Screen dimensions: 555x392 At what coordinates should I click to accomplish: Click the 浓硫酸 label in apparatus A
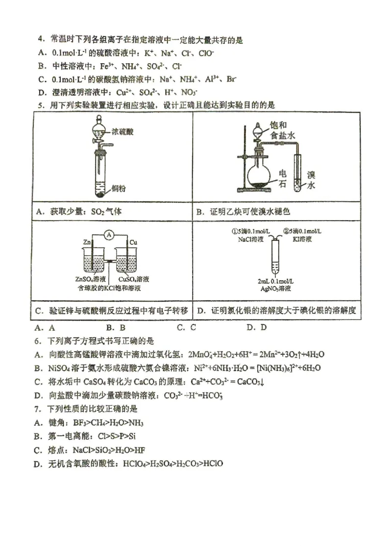(x=122, y=132)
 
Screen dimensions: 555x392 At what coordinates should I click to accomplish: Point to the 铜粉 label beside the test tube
(x=119, y=188)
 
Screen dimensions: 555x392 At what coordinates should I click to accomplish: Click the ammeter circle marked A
(x=110, y=236)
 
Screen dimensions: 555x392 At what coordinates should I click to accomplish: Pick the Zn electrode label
(x=87, y=242)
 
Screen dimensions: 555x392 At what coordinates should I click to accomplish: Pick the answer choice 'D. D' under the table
(x=257, y=328)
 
